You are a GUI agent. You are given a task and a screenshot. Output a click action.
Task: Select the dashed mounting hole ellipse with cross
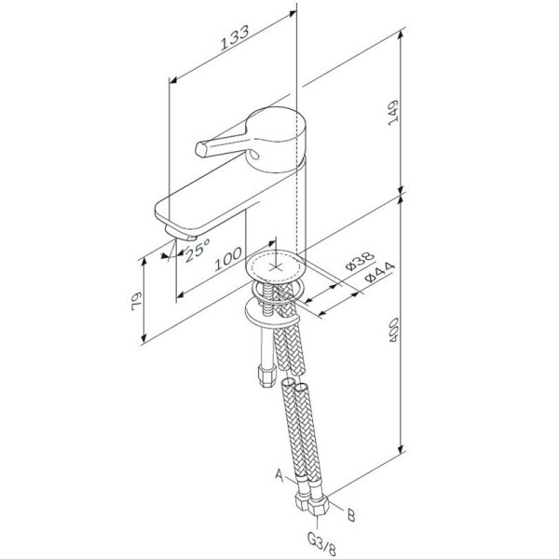[276, 265]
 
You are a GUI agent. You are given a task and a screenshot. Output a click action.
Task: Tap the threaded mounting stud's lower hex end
[263, 375]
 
